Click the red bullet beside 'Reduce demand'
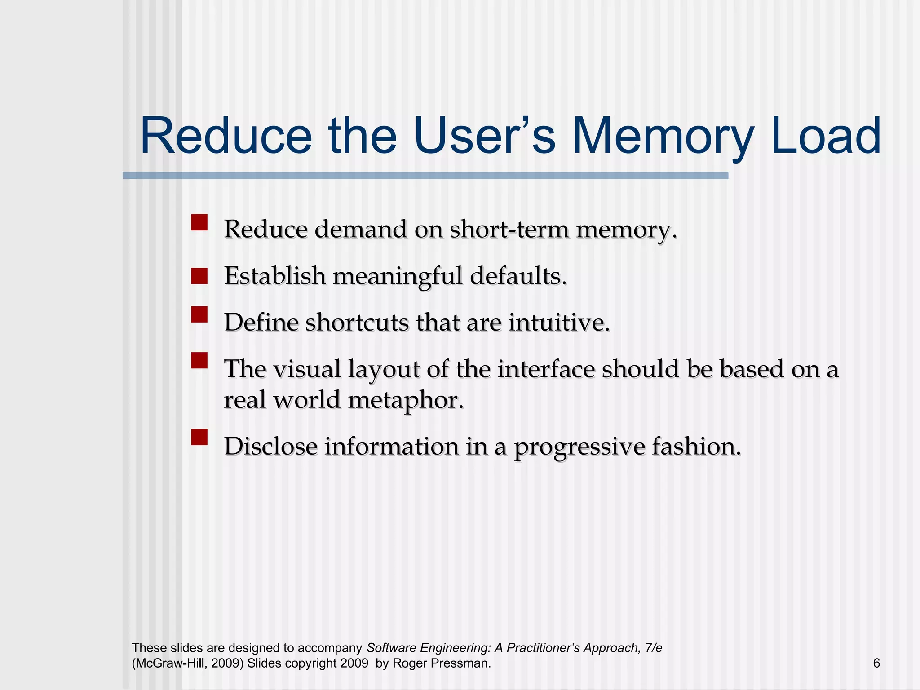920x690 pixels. pos(199,222)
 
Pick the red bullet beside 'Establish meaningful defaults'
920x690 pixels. pos(199,276)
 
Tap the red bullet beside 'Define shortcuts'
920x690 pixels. pos(199,314)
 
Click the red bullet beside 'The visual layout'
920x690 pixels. pos(199,360)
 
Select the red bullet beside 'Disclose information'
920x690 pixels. pos(199,437)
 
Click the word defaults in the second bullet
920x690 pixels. pos(518,276)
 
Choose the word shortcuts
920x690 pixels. pos(357,323)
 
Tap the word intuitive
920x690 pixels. pos(559,323)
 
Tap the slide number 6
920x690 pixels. pos(876,663)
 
